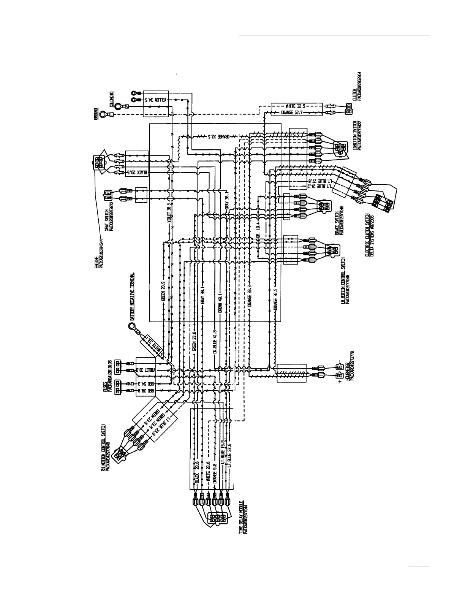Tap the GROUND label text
click(96, 114)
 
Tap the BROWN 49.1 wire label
click(219, 303)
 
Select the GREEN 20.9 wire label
click(163, 292)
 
